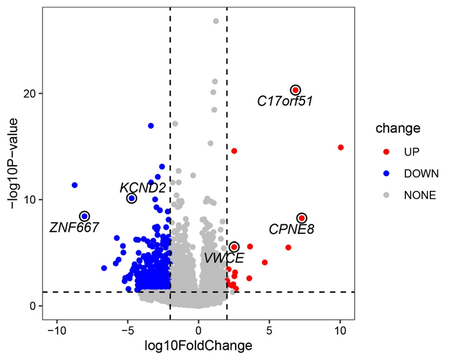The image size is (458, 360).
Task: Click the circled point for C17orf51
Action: (x=296, y=90)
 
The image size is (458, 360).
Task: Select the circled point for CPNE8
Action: (x=302, y=218)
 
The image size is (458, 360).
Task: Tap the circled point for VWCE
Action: (x=234, y=247)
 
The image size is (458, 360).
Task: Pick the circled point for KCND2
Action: (x=132, y=198)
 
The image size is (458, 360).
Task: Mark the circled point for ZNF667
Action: (x=85, y=216)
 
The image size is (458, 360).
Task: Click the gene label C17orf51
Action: (x=285, y=101)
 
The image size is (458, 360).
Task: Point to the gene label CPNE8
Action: (x=291, y=229)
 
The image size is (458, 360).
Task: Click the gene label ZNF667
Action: (x=74, y=227)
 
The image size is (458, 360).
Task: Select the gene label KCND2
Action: (x=143, y=188)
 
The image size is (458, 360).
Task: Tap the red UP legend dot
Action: (x=387, y=152)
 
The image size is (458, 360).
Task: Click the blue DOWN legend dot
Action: (x=387, y=173)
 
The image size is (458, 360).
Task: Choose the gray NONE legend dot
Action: (x=387, y=194)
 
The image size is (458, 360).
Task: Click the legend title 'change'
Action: (x=397, y=128)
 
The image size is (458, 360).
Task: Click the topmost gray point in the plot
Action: (x=216, y=21)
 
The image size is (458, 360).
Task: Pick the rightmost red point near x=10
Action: (x=341, y=147)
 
